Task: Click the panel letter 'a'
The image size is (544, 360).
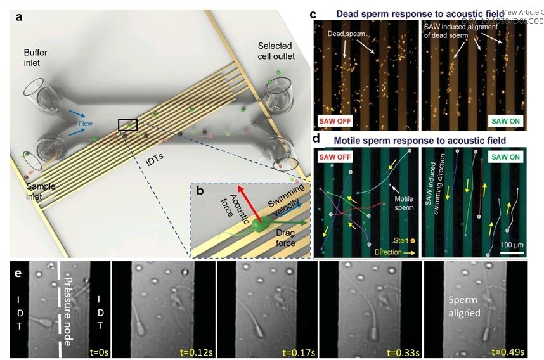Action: pyautogui.click(x=20, y=17)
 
